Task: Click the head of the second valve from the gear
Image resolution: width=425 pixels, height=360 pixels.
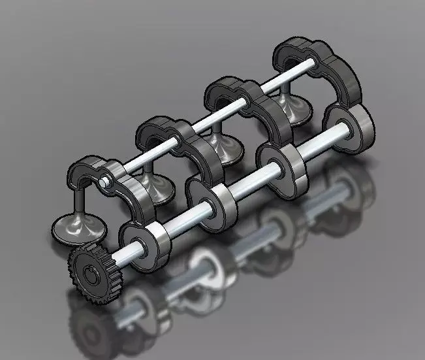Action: point(155,189)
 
